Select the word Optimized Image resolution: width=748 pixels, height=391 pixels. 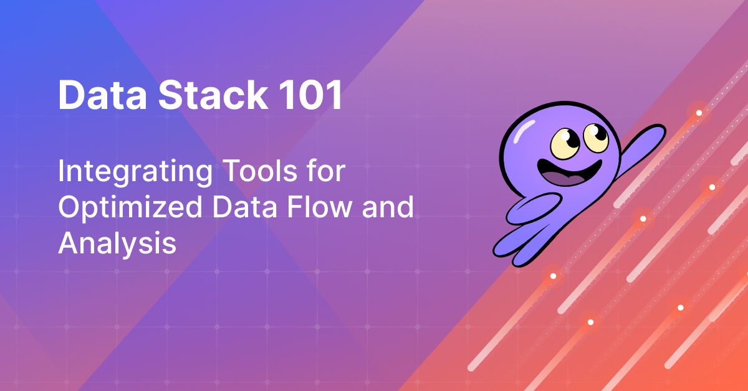[128, 208]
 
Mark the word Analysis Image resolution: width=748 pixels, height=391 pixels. [117, 243]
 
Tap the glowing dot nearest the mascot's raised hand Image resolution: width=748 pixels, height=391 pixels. [699, 113]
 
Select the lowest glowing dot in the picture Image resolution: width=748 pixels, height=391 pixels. [590, 323]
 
